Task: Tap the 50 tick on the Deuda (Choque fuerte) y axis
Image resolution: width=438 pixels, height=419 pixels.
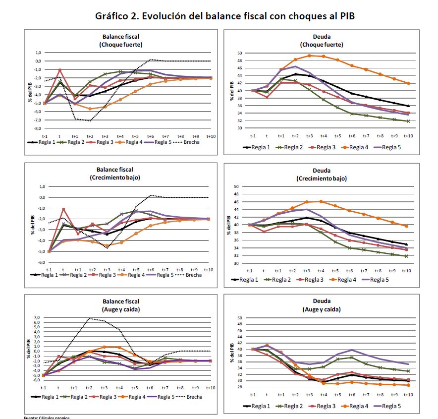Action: pyautogui.click(x=239, y=53)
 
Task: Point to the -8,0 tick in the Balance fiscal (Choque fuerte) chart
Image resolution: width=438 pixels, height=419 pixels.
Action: pyautogui.click(x=36, y=128)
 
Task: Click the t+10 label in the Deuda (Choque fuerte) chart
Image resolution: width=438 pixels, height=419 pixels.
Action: pyautogui.click(x=408, y=135)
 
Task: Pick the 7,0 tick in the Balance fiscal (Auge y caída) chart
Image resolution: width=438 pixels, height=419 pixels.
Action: pyautogui.click(x=36, y=317)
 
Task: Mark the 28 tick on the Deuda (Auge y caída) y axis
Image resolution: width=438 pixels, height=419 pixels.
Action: pyautogui.click(x=239, y=387)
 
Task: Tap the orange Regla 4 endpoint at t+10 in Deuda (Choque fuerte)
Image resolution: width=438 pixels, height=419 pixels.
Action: pyautogui.click(x=408, y=83)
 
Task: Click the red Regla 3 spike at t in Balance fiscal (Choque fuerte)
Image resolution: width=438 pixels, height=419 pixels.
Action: pyautogui.click(x=60, y=70)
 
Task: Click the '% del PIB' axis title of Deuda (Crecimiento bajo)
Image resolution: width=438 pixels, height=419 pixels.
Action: pyautogui.click(x=229, y=225)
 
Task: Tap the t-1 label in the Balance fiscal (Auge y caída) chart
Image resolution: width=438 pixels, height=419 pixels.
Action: pyautogui.click(x=44, y=388)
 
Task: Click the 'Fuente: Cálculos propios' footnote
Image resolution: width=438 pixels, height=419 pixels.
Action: pyautogui.click(x=48, y=418)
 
